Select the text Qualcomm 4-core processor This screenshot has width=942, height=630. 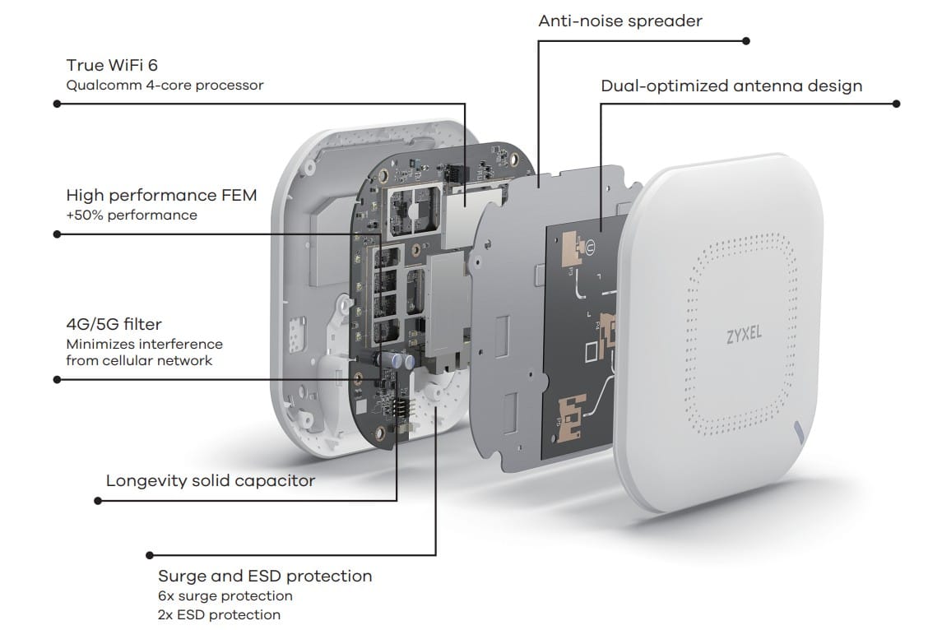[x=165, y=85]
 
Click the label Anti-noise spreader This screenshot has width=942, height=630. [x=620, y=21]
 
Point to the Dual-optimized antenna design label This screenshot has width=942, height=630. [x=731, y=86]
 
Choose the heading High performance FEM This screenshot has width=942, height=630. [x=161, y=195]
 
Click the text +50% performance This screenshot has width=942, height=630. [x=132, y=215]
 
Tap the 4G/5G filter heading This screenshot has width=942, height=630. [x=114, y=325]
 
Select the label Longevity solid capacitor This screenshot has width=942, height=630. [x=210, y=480]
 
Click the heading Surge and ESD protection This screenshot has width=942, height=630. [x=265, y=576]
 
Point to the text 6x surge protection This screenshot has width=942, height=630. [x=225, y=595]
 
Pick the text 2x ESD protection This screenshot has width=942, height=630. [x=219, y=614]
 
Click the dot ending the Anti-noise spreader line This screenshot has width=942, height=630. [x=746, y=39]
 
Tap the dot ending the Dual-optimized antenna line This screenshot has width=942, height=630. [x=897, y=104]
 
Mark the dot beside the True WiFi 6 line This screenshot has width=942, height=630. [x=56, y=104]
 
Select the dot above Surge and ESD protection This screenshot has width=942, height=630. [x=149, y=555]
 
